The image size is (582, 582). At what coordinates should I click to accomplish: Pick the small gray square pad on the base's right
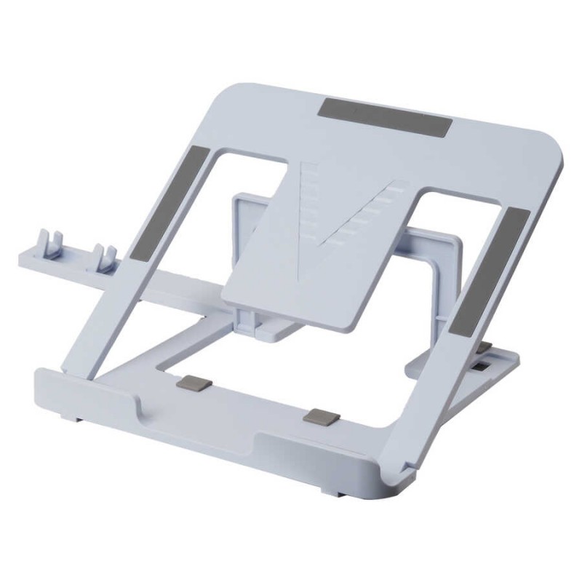click(323, 417)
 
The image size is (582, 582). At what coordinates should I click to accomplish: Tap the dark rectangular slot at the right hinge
click(484, 362)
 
